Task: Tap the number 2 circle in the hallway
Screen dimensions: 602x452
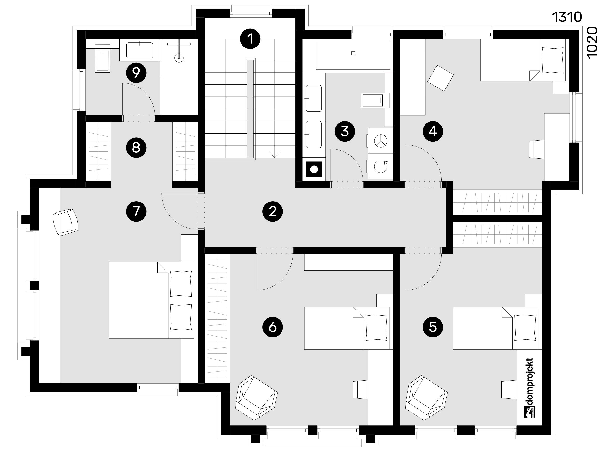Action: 272,211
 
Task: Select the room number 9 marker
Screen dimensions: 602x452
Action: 136,73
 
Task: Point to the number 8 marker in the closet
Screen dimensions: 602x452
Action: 136,148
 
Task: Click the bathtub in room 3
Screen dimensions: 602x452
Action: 353,56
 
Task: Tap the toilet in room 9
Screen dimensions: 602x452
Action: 102,58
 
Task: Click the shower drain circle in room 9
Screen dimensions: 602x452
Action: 179,57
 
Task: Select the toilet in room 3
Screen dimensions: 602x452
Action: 375,100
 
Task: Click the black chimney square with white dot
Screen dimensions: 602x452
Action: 314,169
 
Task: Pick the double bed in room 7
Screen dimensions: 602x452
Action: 151,300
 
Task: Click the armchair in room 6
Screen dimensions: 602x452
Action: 256,398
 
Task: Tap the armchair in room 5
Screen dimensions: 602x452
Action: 426,398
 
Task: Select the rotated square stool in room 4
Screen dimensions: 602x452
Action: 441,78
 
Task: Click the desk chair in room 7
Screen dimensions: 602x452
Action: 65,222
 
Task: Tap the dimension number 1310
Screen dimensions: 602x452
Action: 567,17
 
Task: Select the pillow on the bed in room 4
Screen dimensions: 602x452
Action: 552,60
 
